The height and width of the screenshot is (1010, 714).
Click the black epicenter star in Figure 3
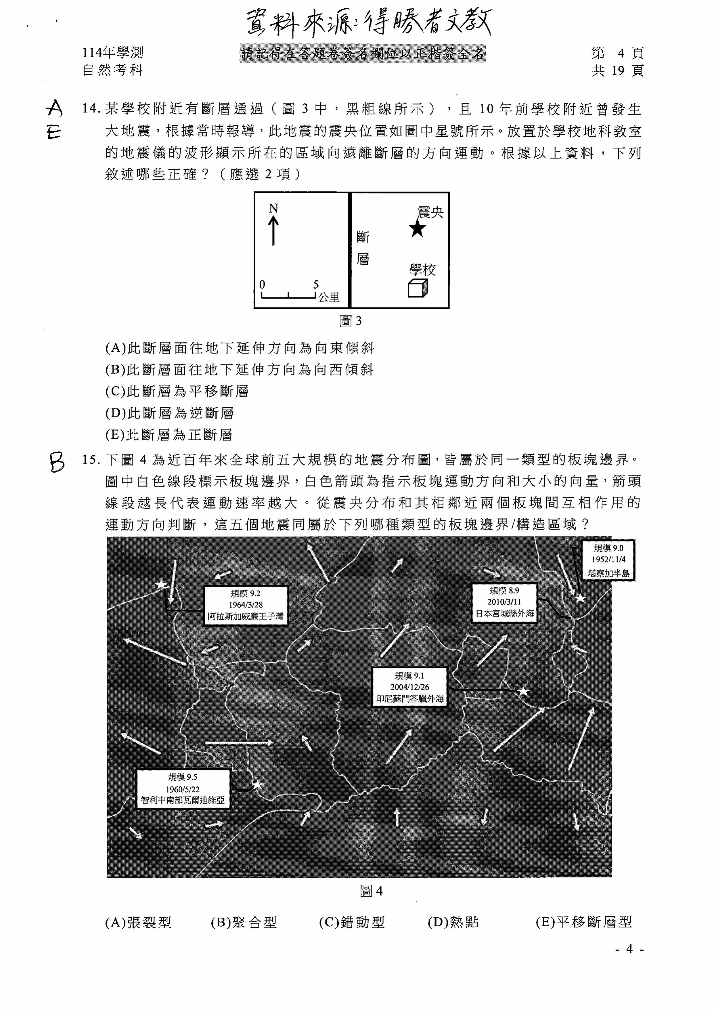(x=417, y=228)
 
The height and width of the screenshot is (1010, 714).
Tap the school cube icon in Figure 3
(x=418, y=288)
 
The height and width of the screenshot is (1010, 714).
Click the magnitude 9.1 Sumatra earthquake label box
(x=409, y=687)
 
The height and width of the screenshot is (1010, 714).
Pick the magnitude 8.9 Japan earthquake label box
(x=505, y=602)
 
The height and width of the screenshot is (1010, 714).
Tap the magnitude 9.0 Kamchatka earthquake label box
(x=608, y=560)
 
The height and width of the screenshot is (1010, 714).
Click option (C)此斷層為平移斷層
(x=177, y=391)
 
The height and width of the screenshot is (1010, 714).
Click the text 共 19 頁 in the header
(x=618, y=70)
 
